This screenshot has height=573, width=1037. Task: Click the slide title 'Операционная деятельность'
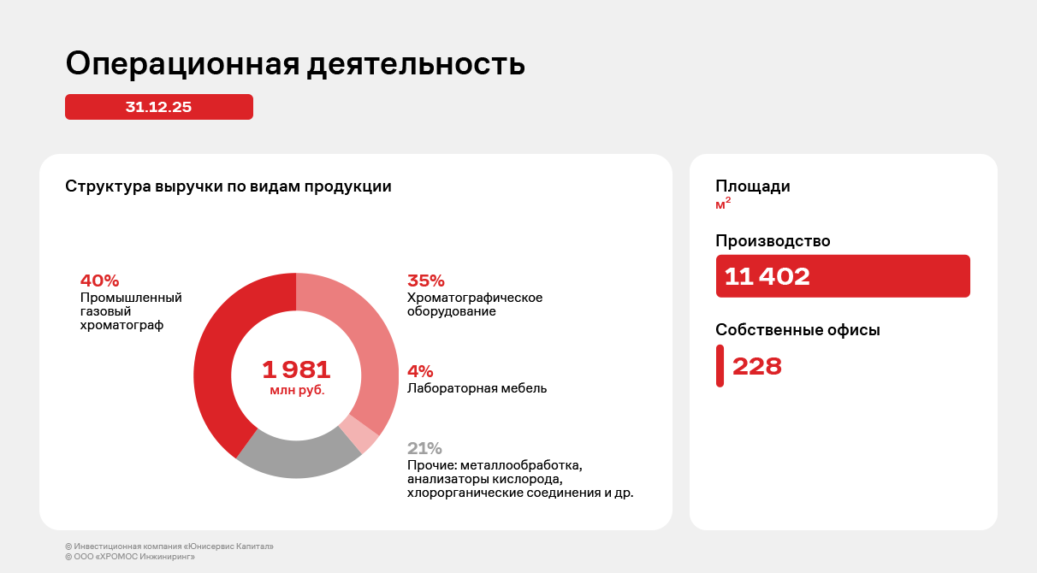(295, 65)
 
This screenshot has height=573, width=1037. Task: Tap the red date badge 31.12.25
(159, 107)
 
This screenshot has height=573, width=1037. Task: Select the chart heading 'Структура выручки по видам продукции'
(228, 186)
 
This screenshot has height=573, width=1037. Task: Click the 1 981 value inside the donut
(296, 370)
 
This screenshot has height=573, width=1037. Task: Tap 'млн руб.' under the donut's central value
(297, 390)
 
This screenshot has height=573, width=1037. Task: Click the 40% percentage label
(99, 281)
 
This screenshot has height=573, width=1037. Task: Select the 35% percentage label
(426, 281)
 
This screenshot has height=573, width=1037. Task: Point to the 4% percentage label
(420, 371)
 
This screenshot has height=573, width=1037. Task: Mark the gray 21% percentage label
(424, 448)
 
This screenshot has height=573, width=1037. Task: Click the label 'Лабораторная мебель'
(477, 388)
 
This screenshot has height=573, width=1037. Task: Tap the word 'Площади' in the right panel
(753, 186)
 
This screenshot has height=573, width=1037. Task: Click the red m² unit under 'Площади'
(723, 204)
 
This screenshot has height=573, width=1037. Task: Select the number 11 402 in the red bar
(767, 276)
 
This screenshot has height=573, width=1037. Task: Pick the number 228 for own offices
(757, 366)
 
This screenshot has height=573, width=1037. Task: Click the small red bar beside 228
(720, 366)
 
